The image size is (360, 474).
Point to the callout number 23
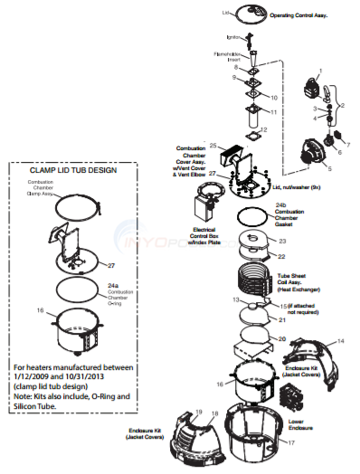pyautogui.click(x=281, y=242)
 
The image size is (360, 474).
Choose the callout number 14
pyautogui.click(x=316, y=340)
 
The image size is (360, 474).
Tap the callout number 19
pyautogui.click(x=200, y=412)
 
